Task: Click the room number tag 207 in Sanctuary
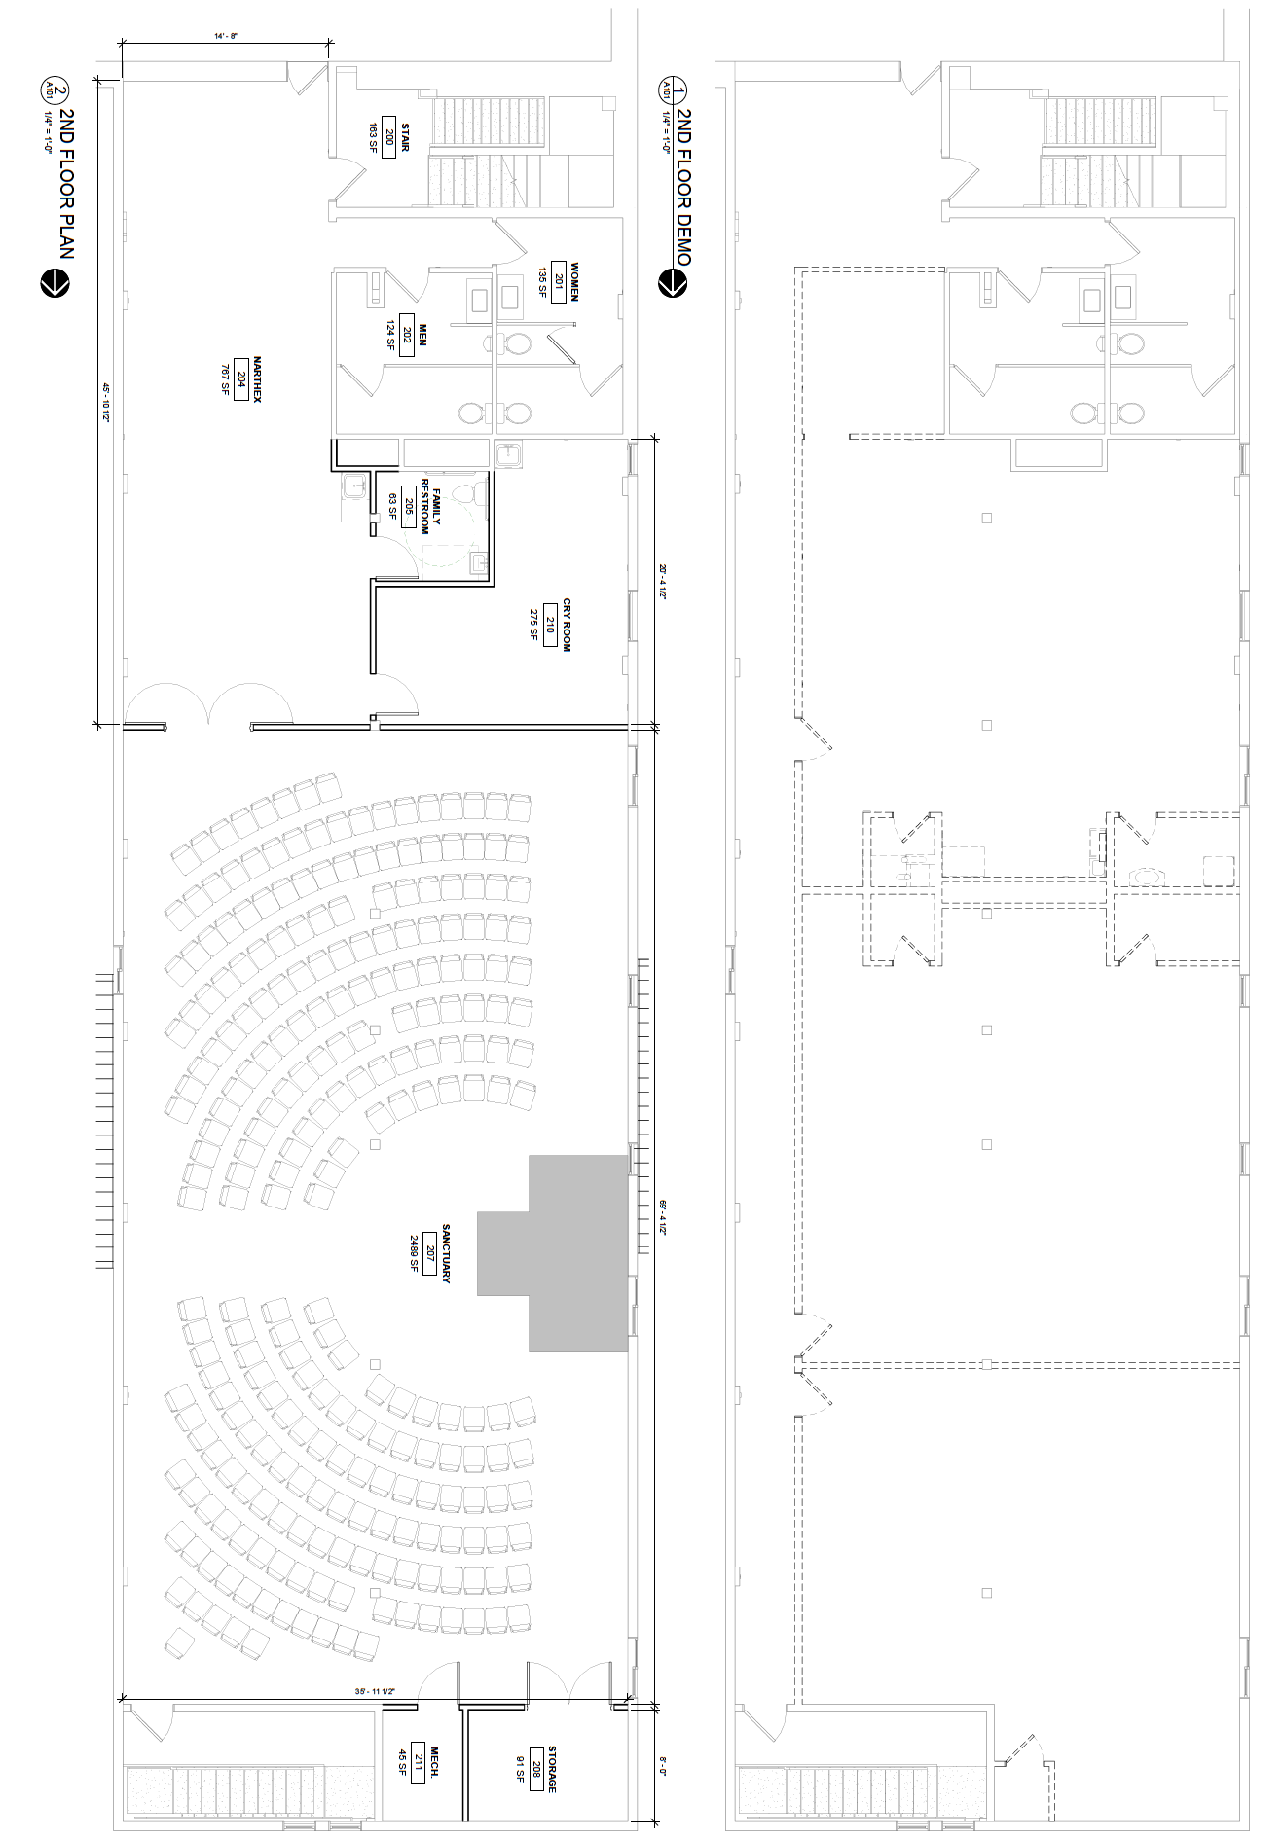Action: pyautogui.click(x=429, y=1253)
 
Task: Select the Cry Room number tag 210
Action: pyautogui.click(x=550, y=624)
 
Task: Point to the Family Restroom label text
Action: pyautogui.click(x=430, y=506)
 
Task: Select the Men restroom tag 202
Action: pyautogui.click(x=407, y=336)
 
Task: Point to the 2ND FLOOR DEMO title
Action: pyautogui.click(x=683, y=187)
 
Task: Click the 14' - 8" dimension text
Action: pyautogui.click(x=226, y=36)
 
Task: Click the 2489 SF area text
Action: pyautogui.click(x=414, y=1253)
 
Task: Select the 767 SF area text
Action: pyautogui.click(x=225, y=378)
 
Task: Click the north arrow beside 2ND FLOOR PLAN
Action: pyautogui.click(x=54, y=284)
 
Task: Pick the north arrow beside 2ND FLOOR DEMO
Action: pyautogui.click(x=671, y=283)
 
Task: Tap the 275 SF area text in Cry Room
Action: pyautogui.click(x=534, y=624)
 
